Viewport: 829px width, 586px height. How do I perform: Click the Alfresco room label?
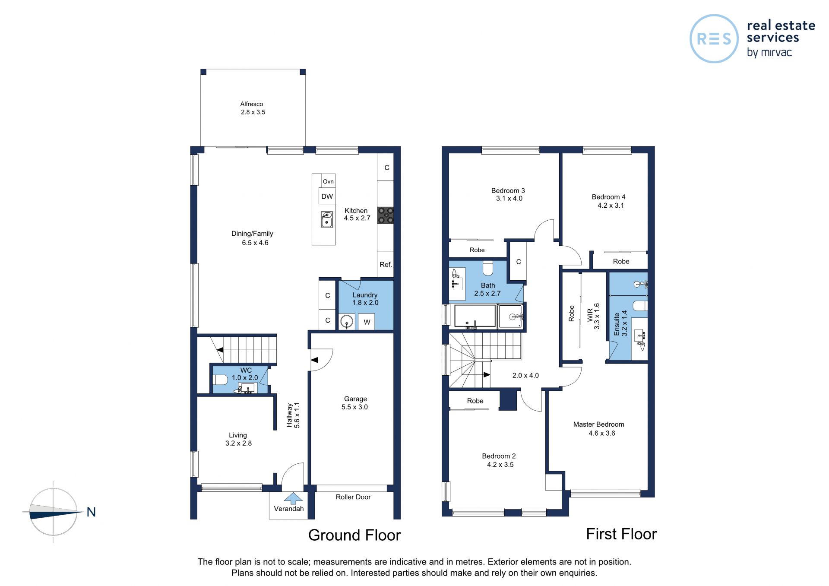click(x=252, y=104)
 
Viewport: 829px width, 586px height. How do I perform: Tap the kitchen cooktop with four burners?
click(x=386, y=215)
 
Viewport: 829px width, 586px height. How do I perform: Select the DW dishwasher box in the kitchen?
click(x=327, y=196)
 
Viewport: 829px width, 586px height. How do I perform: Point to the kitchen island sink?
click(x=327, y=219)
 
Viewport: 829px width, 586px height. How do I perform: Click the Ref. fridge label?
click(x=386, y=264)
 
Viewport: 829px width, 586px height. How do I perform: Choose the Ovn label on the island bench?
click(x=328, y=181)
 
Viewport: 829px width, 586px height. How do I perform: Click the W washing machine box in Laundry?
click(x=367, y=322)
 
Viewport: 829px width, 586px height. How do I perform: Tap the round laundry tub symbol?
click(x=346, y=322)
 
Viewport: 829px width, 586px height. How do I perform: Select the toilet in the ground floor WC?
click(x=220, y=380)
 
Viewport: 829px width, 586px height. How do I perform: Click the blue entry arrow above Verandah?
click(x=293, y=498)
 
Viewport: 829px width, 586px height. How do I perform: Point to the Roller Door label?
click(x=353, y=497)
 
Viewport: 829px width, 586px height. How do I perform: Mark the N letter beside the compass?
click(x=91, y=512)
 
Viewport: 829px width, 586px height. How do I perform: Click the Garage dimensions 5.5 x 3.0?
click(x=354, y=407)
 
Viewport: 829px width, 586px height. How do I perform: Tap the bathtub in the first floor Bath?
click(x=475, y=316)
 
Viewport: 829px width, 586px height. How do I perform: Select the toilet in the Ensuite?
click(x=640, y=306)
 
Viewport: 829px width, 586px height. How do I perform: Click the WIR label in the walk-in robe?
click(x=590, y=315)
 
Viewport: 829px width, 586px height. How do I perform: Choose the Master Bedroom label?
click(x=598, y=424)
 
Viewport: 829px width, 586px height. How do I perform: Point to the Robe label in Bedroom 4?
click(x=621, y=261)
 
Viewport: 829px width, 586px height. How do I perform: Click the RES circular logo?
click(x=714, y=39)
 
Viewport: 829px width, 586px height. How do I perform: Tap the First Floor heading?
click(x=621, y=534)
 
